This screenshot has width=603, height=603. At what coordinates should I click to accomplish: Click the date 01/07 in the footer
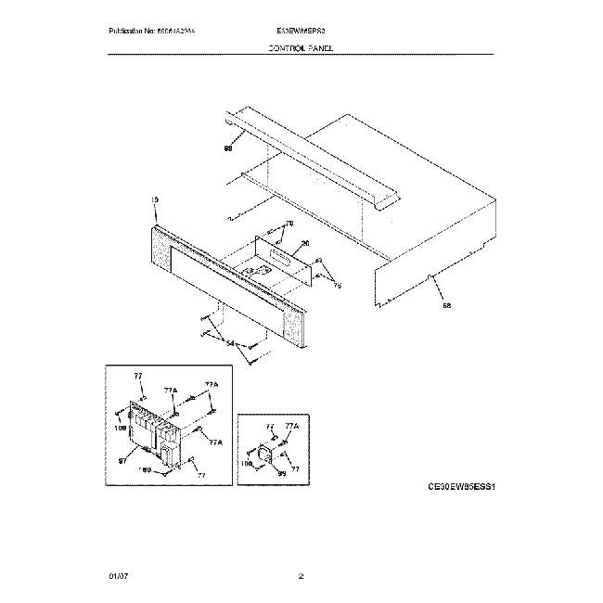point(119,577)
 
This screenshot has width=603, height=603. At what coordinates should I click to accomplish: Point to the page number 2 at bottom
point(301,577)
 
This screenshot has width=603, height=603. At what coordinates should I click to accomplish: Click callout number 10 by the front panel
point(154,199)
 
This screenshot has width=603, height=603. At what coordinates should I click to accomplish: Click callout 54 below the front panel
point(230,343)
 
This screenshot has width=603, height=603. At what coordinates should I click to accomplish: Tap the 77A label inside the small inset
point(292,426)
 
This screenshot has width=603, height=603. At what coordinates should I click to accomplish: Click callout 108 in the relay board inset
point(120,429)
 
